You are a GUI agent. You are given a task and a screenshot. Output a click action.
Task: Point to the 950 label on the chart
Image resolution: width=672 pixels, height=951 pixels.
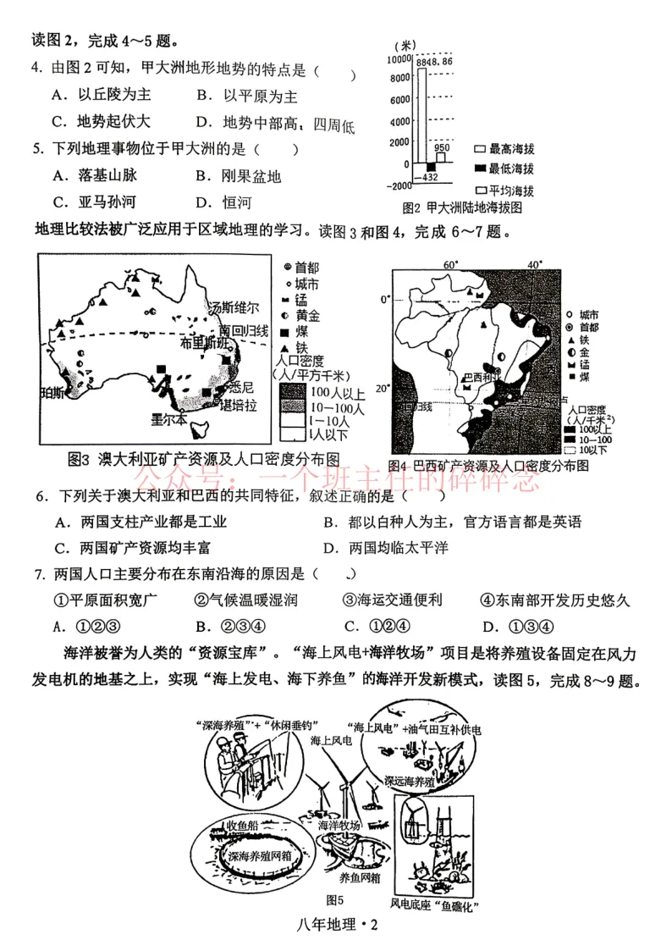coord(442,147)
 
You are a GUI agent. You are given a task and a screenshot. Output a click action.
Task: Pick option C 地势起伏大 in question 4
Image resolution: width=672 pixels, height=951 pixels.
coord(101,122)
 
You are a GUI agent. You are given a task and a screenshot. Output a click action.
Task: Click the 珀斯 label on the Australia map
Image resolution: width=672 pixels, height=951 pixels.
coord(52,392)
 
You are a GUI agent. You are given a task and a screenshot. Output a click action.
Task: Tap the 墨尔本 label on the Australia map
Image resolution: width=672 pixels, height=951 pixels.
coord(169,419)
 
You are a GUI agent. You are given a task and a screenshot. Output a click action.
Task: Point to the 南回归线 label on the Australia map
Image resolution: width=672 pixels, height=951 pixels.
coord(244,329)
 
